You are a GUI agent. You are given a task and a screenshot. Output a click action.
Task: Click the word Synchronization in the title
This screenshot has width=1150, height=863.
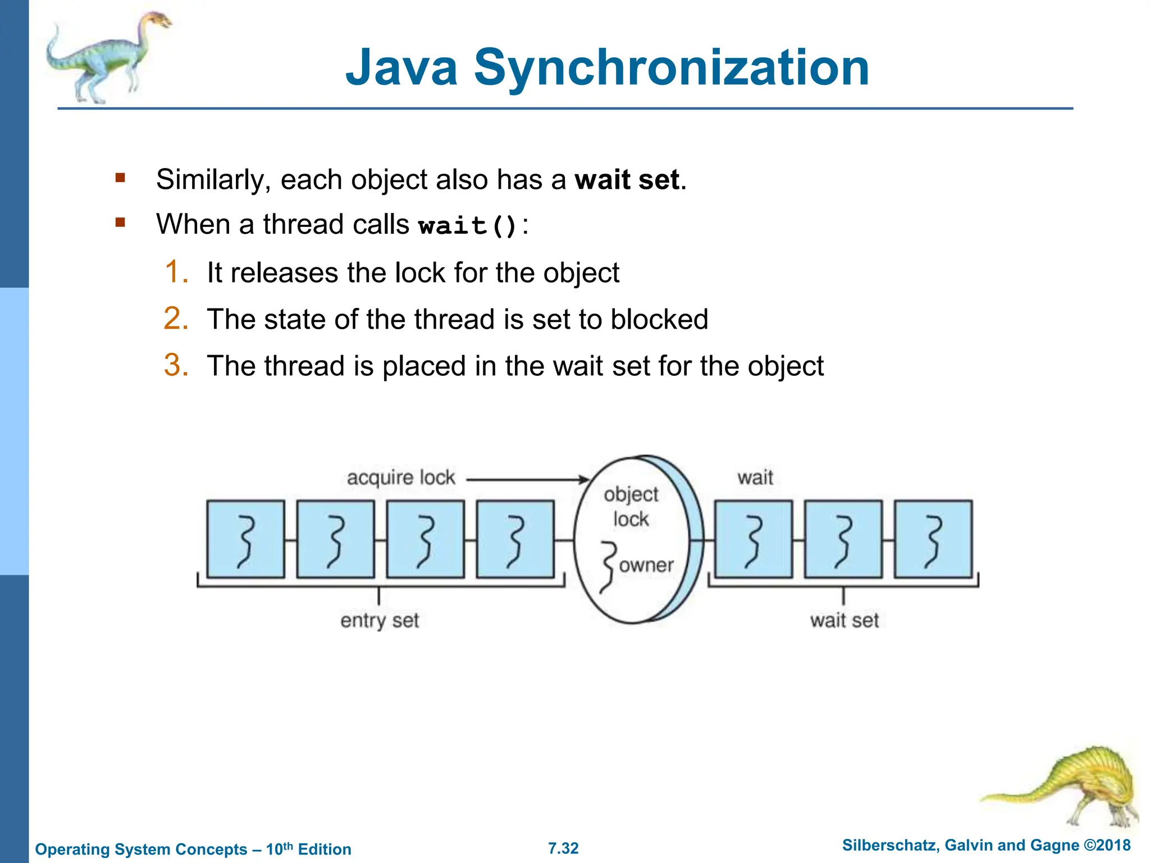pyautogui.click(x=672, y=69)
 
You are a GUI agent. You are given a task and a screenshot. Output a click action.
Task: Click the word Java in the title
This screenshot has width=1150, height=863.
pyautogui.click(x=401, y=69)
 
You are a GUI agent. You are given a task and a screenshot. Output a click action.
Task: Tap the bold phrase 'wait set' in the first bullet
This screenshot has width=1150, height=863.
pyautogui.click(x=627, y=180)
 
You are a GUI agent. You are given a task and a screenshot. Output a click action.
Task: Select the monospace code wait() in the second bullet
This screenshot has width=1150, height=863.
pyautogui.click(x=467, y=226)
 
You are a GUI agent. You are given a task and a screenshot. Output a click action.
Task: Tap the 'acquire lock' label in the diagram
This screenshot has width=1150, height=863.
pyautogui.click(x=400, y=478)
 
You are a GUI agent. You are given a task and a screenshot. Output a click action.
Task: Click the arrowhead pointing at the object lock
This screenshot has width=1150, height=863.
pyautogui.click(x=584, y=480)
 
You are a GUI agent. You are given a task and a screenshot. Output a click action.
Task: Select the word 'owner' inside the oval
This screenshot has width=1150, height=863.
pyautogui.click(x=646, y=565)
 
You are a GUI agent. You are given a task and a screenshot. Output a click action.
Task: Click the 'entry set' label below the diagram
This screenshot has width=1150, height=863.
pyautogui.click(x=380, y=620)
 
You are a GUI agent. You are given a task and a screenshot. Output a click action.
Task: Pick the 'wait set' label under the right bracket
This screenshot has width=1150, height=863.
pyautogui.click(x=844, y=620)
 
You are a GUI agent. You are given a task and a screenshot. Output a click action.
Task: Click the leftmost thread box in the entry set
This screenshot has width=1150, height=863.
pyautogui.click(x=245, y=539)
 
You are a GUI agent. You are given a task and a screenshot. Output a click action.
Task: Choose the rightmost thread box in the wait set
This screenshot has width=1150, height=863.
pyautogui.click(x=933, y=539)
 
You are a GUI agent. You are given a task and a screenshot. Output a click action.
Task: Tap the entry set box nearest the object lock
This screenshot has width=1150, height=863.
pyautogui.click(x=515, y=539)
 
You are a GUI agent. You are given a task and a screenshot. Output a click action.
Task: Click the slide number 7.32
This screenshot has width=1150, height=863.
pyautogui.click(x=563, y=848)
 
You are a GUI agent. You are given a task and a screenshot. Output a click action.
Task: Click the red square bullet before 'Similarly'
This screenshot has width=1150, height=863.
pyautogui.click(x=120, y=179)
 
